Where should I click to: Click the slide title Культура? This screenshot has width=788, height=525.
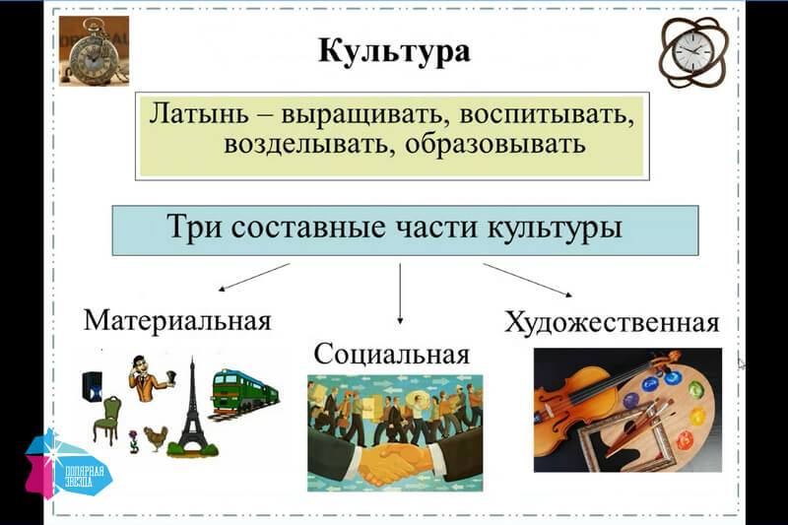coord(394,51)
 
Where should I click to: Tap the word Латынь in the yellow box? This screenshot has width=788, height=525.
coord(199,113)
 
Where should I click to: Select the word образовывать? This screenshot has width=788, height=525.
coord(495,144)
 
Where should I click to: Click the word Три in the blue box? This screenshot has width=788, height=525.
coord(194,227)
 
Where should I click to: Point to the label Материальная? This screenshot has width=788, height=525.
coord(177,320)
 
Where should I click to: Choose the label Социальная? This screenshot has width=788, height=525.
coord(392,354)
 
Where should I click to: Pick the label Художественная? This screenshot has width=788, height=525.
coord(612,322)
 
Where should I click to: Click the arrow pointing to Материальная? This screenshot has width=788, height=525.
coord(254,277)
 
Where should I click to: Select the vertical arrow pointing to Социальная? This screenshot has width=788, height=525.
coord(400,294)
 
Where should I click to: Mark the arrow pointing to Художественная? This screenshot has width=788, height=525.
coord(528,280)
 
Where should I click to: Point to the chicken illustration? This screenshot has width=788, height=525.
coord(157,438)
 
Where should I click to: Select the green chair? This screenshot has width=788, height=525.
coord(107,420)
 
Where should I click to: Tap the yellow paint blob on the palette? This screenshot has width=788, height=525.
coord(697,417)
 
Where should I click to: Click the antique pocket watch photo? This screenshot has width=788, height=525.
coord(94,51)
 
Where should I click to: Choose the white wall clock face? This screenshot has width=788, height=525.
coord(692,52)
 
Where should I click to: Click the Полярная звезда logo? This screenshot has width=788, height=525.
coord(68,465)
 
